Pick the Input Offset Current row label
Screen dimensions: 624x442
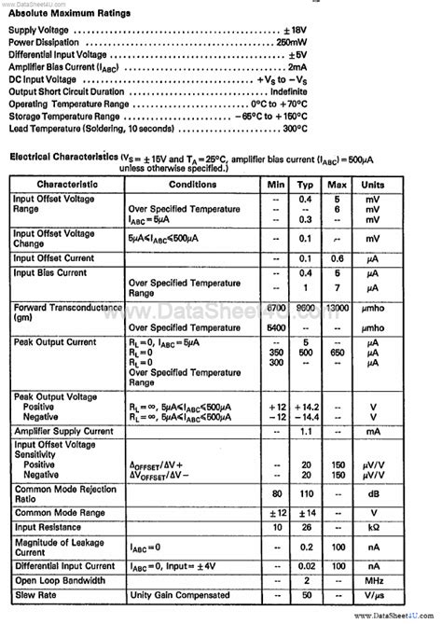(54, 257)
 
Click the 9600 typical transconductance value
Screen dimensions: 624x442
(305, 308)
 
